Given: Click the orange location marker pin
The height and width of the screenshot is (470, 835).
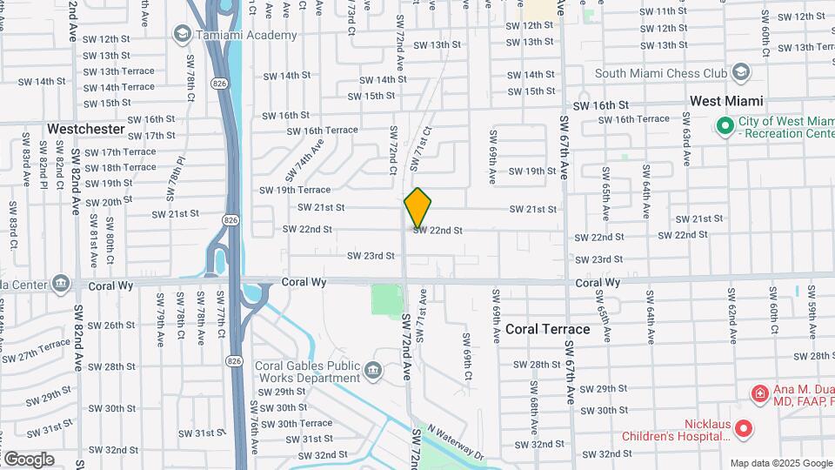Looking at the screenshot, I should coord(417,207).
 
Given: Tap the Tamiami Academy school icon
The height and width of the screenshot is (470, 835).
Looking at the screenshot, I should coord(183,35).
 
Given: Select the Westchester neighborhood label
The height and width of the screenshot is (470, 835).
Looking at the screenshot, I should coord(86,129).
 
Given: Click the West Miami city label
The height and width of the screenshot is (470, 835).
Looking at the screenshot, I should coord(726,101).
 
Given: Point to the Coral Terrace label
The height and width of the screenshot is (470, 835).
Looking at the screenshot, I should coord(548,329).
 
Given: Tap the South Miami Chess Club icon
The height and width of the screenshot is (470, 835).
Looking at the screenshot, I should coord(741,72).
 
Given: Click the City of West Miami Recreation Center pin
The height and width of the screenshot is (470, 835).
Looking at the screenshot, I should coord(725,127).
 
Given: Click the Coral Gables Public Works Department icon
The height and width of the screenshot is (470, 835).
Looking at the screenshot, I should coord(374,371).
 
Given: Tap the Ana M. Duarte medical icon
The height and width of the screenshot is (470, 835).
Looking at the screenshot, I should coord(759,393).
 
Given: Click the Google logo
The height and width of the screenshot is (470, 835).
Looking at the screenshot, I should coord(29,459).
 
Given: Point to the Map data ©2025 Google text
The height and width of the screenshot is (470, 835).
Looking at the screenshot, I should coord(779,463).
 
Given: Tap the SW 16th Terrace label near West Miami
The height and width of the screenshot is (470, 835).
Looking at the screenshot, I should coord(637,118).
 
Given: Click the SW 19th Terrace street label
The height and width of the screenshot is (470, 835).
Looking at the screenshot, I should coord(295,190).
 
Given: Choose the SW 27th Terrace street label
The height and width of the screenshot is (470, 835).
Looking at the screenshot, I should coord(35,350).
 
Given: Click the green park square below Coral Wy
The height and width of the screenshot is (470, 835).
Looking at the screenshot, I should coord(387,300).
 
